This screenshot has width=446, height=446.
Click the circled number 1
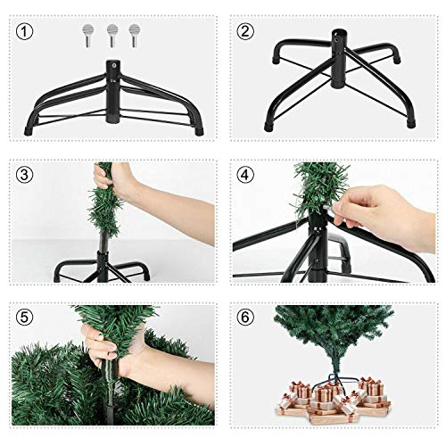(x=26, y=32)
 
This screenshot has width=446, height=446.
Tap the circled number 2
(x=244, y=32)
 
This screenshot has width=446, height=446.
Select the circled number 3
(x=26, y=175)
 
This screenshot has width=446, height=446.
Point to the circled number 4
(x=244, y=175)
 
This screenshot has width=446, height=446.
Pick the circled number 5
(x=26, y=318)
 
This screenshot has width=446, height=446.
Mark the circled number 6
(x=244, y=318)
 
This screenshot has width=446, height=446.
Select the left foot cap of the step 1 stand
(x=31, y=130)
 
